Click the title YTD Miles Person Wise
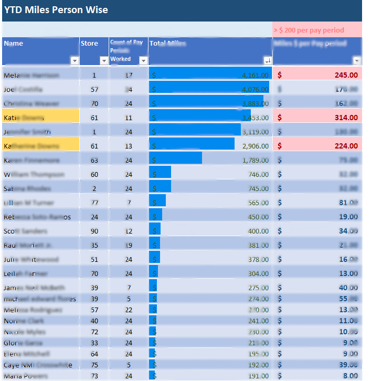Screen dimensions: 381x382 pyautogui.click(x=56, y=10)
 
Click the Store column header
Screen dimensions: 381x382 pyautogui.click(x=89, y=44)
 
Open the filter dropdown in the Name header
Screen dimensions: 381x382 pyautogui.click(x=74, y=61)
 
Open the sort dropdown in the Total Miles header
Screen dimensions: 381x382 pyautogui.click(x=267, y=61)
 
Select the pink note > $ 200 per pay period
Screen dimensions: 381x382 pyautogui.click(x=309, y=30)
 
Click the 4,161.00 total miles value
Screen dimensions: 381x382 pyautogui.click(x=255, y=75)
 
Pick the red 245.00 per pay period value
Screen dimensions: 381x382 pyautogui.click(x=346, y=75)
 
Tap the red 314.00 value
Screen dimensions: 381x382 pyautogui.click(x=346, y=118)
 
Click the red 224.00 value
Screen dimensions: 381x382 pyautogui.click(x=346, y=146)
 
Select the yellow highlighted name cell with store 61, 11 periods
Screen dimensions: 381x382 pyautogui.click(x=41, y=118)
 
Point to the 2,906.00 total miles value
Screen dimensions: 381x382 pyautogui.click(x=255, y=146)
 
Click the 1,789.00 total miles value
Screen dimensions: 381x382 pyautogui.click(x=255, y=160)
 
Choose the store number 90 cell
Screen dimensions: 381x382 pyautogui.click(x=94, y=231)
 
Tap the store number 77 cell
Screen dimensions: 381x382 pyautogui.click(x=94, y=203)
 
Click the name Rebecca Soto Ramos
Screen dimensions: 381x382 pyautogui.click(x=37, y=217)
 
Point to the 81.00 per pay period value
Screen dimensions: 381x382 pyautogui.click(x=348, y=203)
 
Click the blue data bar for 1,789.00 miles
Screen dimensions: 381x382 pyautogui.click(x=176, y=158)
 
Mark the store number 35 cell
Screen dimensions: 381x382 pyautogui.click(x=94, y=245)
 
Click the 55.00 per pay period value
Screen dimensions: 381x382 pyautogui.click(x=348, y=299)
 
